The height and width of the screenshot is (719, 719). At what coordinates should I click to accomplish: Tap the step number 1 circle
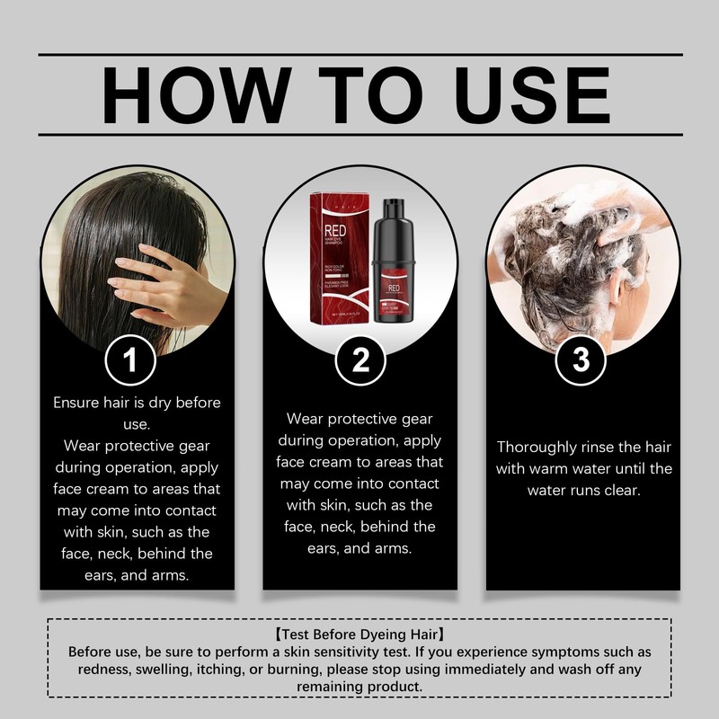point(131,361)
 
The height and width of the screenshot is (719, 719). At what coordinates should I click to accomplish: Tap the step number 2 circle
point(359,361)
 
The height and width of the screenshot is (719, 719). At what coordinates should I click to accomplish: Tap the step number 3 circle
point(581,361)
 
